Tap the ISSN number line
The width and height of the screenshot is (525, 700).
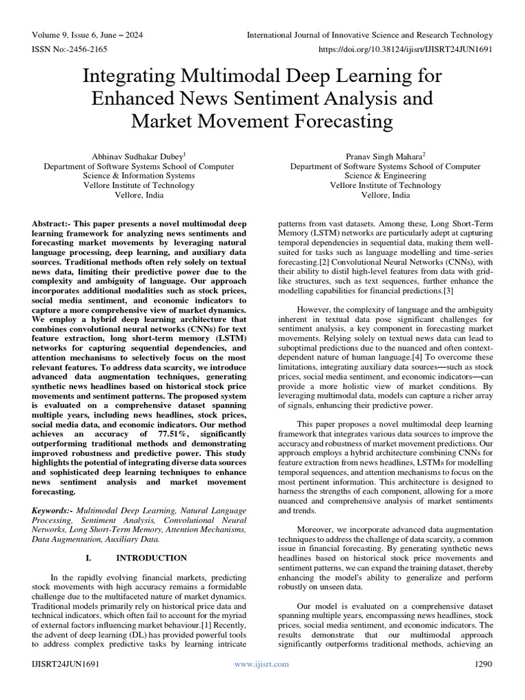point(68,49)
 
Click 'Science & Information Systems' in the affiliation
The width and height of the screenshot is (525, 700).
point(139,175)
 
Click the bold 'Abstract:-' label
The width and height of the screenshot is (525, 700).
point(55,225)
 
